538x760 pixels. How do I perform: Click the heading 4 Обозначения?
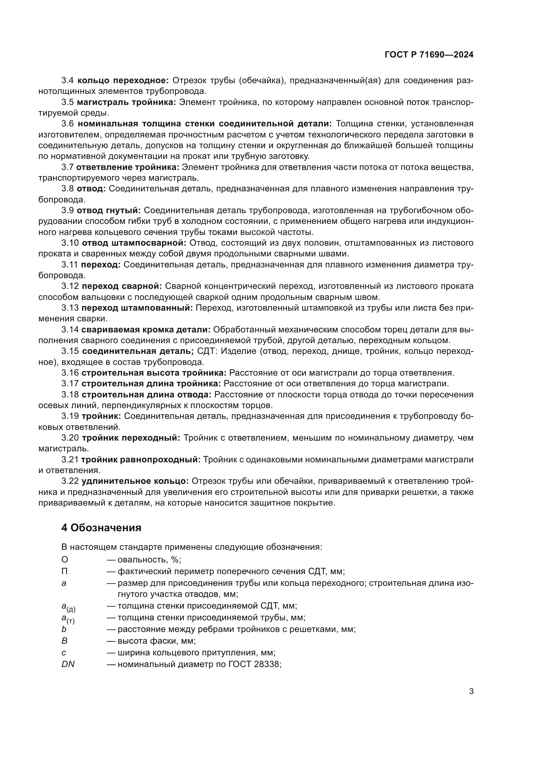[x=101, y=528]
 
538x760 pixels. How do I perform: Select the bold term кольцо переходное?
[x=123, y=81]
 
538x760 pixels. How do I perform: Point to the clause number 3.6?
[x=68, y=124]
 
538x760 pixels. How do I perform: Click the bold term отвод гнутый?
[x=109, y=211]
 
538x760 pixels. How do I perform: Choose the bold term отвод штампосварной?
[x=134, y=243]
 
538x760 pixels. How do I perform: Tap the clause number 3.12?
[x=70, y=286]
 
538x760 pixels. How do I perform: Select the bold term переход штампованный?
[x=137, y=308]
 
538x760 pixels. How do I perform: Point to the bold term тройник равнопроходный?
[x=141, y=460]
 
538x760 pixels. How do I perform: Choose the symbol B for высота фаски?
[x=64, y=641]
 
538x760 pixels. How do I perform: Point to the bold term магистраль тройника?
[x=127, y=102]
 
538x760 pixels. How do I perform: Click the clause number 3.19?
[x=70, y=417]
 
